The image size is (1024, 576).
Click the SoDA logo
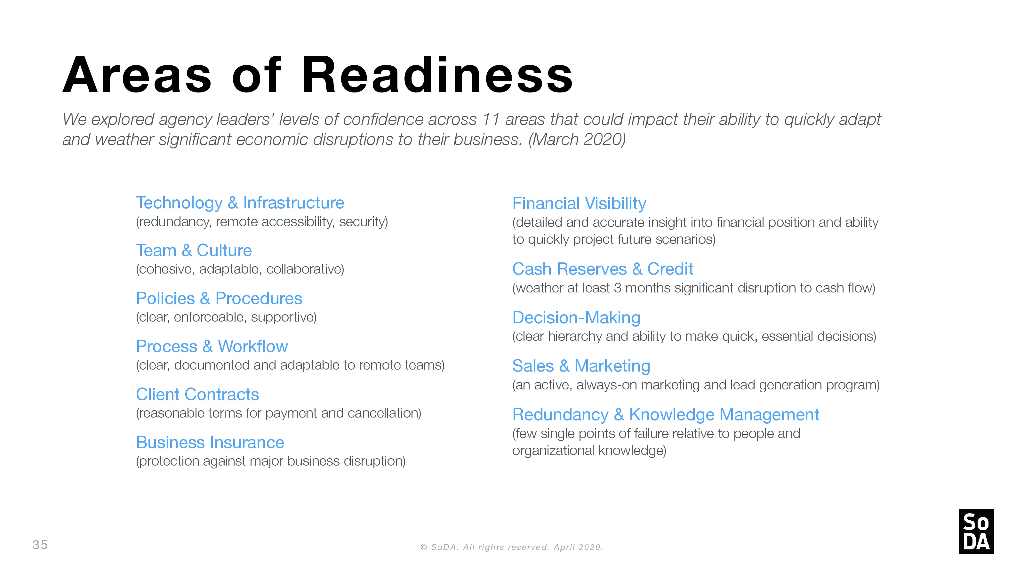[976, 531]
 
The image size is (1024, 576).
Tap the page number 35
[40, 545]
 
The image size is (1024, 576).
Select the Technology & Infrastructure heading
[240, 203]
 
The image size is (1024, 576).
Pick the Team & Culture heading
[194, 251]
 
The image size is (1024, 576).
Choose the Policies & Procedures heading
[219, 299]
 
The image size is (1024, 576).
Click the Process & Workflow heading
[212, 346]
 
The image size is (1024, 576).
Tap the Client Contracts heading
[197, 394]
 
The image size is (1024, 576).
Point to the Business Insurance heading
[210, 443]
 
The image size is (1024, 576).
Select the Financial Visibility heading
[579, 204]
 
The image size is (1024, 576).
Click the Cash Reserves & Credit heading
[603, 269]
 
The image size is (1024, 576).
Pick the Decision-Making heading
[576, 318]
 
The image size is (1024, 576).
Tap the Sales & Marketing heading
[581, 366]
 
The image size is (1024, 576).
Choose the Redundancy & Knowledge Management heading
[666, 415]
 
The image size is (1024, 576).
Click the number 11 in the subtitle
[491, 119]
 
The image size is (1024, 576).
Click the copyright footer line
[512, 548]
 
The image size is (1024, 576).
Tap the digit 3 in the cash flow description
[617, 288]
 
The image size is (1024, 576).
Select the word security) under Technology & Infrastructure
[363, 222]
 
